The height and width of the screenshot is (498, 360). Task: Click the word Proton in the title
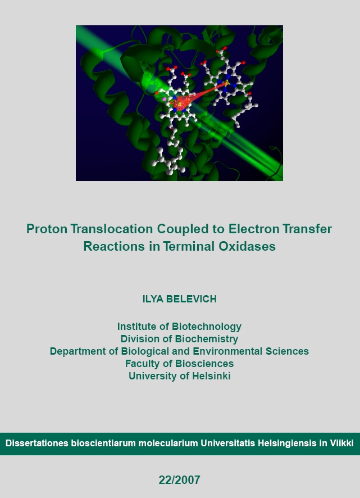click(x=47, y=229)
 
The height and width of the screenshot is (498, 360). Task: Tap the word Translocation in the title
click(x=112, y=229)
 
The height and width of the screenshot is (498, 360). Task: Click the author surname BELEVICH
click(x=192, y=299)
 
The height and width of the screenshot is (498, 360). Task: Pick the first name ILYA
click(x=153, y=299)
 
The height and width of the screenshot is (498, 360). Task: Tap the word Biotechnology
click(x=207, y=327)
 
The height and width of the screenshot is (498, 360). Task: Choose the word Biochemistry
click(x=206, y=339)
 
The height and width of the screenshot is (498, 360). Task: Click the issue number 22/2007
click(x=179, y=480)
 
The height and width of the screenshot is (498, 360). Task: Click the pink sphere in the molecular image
click(x=165, y=99)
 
